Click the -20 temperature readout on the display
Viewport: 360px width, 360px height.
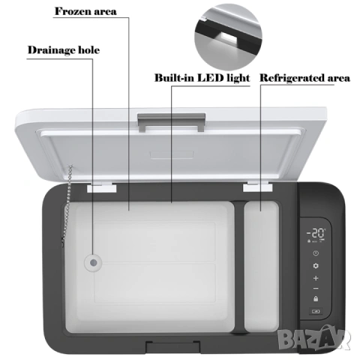316,233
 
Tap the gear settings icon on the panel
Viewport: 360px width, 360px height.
316,265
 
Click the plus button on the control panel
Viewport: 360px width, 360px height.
316,278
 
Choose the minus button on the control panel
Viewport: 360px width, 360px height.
316,289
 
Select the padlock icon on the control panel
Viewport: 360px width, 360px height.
316,298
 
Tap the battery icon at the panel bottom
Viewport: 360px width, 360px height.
316,311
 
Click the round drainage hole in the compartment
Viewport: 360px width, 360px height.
93,262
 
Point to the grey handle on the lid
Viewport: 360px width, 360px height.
172,122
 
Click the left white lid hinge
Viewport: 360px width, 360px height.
102,187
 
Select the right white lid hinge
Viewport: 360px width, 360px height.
257,187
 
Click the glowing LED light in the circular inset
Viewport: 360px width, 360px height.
227,38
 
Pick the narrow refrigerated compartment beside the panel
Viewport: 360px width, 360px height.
262,266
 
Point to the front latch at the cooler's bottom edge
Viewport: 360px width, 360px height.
173,346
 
